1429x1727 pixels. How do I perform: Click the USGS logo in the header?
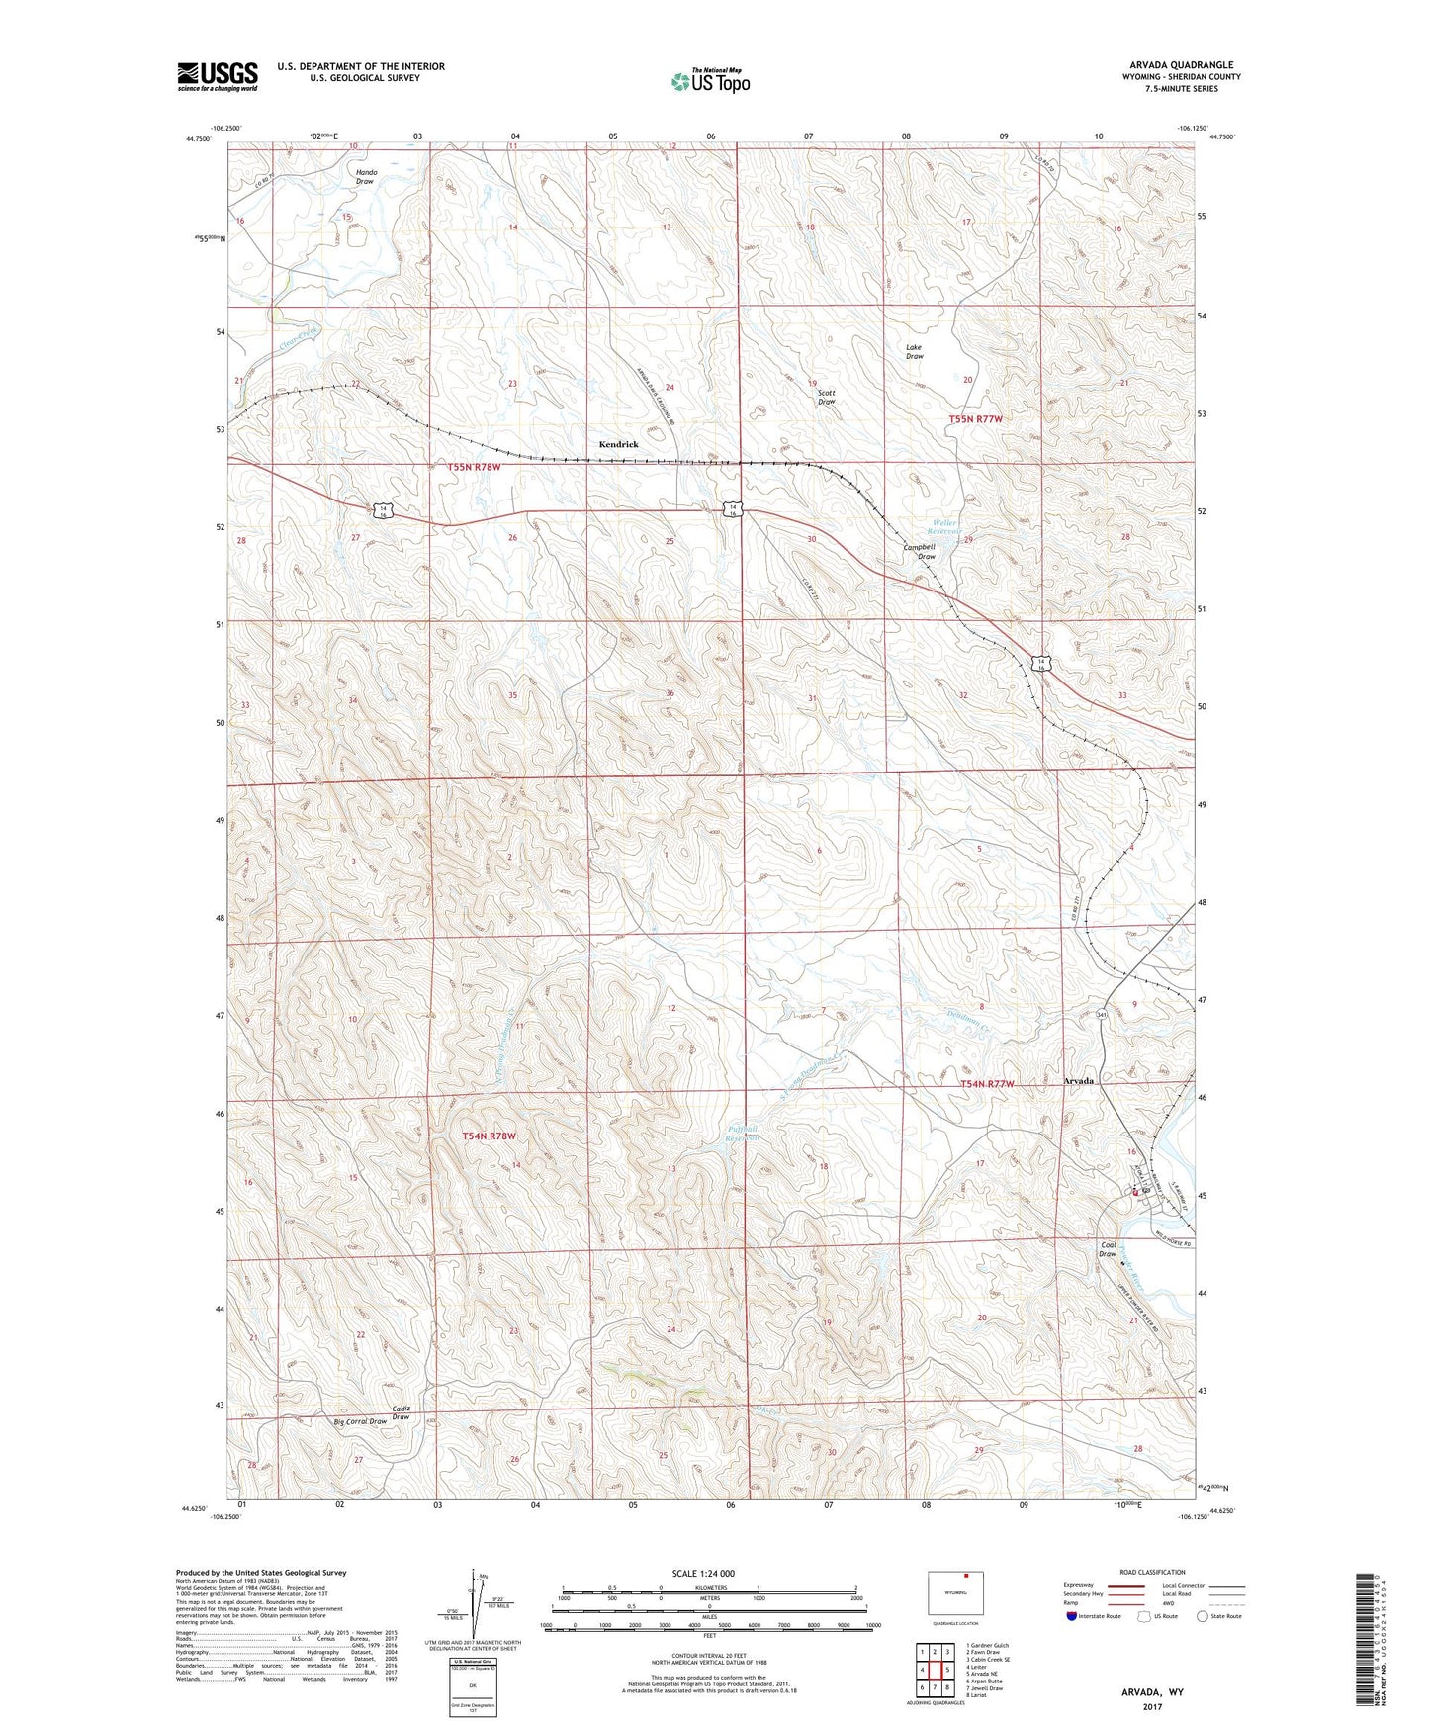[x=218, y=76]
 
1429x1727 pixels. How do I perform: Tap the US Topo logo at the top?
[x=710, y=81]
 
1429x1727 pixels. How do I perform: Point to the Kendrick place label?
[x=618, y=445]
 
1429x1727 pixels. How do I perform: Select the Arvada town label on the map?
[x=1078, y=1081]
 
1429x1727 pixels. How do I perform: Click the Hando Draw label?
[x=365, y=177]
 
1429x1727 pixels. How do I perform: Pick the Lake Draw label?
[x=914, y=351]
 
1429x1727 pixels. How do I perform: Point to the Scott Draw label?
[x=826, y=397]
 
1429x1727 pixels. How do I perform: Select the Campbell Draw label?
[x=919, y=551]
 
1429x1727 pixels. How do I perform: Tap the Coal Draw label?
[x=1108, y=1249]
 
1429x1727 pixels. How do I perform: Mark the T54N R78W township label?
[x=490, y=1136]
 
